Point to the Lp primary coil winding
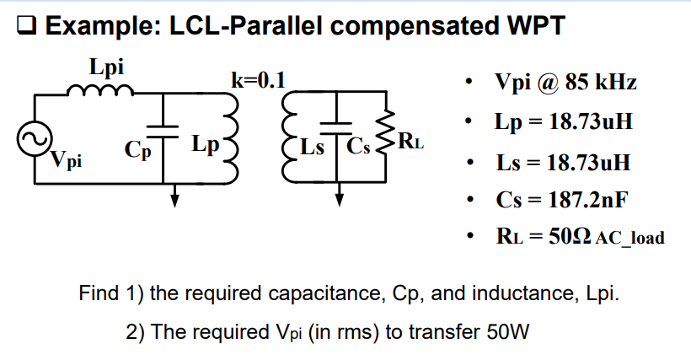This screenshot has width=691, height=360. [230, 139]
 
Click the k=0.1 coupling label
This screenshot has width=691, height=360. [258, 80]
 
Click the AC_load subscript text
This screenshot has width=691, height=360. [629, 239]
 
